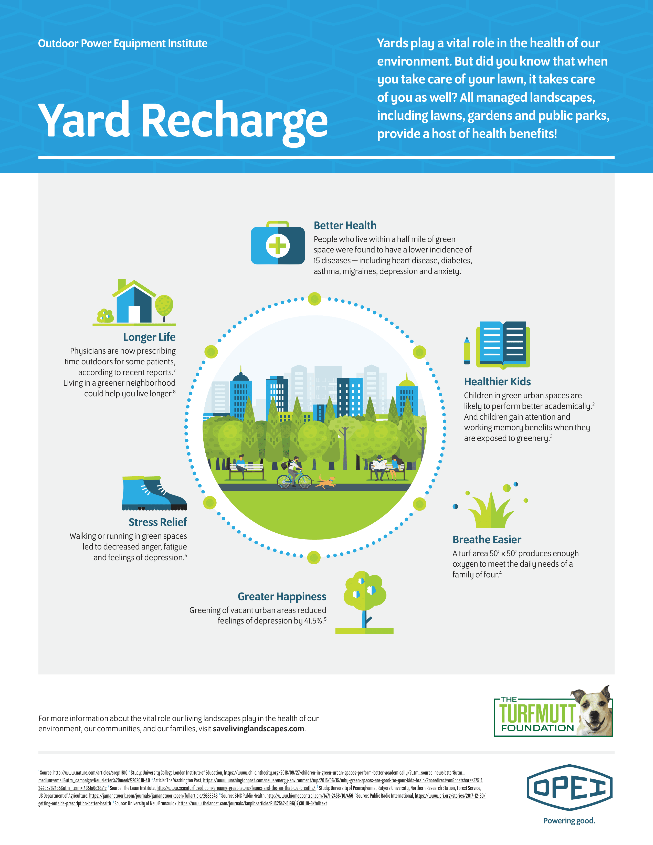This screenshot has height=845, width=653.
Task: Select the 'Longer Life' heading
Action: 149,337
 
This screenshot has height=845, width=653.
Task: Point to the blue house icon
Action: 134,303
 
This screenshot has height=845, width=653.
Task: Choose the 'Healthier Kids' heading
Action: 497,382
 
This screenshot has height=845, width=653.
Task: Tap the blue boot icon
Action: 154,493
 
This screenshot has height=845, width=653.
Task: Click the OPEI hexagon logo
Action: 569,787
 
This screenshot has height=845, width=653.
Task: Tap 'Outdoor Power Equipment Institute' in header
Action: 123,43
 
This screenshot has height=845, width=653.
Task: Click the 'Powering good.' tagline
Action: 569,821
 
